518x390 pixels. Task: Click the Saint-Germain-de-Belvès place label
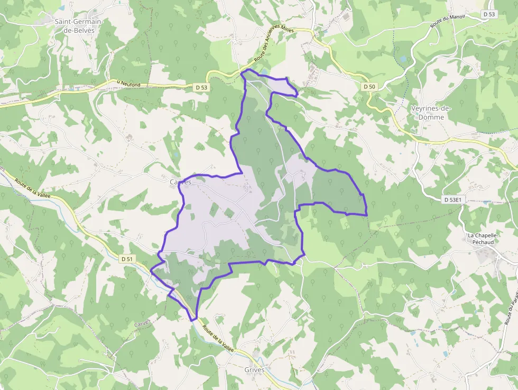78,26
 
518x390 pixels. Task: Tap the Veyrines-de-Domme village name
431,113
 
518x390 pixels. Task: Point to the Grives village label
254,369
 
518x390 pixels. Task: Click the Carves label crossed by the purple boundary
180,182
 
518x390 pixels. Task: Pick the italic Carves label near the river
142,323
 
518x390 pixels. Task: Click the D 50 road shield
369,86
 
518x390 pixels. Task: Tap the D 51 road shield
127,259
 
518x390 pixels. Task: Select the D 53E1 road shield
452,199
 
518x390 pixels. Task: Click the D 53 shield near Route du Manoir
489,14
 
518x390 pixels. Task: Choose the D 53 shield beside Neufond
201,87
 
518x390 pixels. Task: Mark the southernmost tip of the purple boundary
193,320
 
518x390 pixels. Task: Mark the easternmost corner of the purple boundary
366,215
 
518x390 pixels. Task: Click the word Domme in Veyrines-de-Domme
431,117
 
